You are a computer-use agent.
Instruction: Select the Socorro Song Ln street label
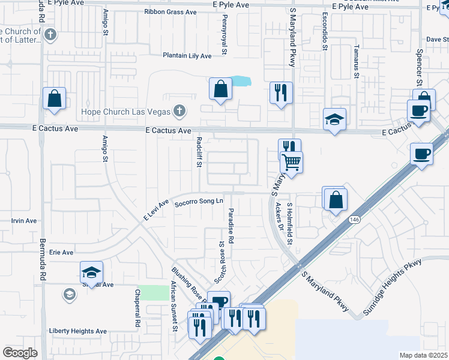pos(199,203)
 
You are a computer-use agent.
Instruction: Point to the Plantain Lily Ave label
pos(187,56)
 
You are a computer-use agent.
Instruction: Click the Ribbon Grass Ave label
pos(170,11)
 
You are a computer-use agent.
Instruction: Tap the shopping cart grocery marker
pos(291,161)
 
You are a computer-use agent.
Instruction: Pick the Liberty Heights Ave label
pos(77,331)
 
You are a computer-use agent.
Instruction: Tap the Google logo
pos(20,353)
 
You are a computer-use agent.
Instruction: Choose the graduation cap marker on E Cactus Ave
pos(334,118)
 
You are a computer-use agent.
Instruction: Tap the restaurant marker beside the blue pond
pos(280,92)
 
